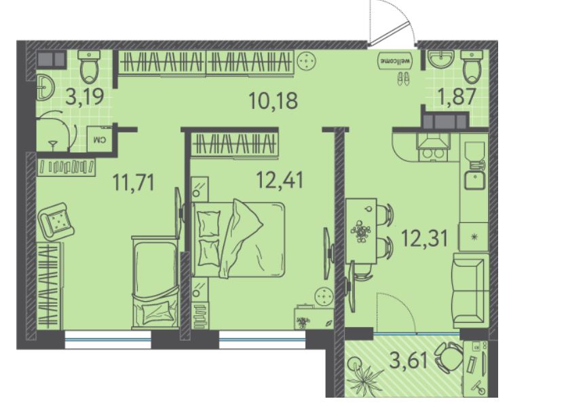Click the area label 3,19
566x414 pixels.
click(86, 97)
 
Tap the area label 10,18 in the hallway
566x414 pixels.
click(273, 101)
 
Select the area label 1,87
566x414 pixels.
click(457, 97)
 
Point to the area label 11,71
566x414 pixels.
click(134, 182)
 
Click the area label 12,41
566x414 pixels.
click(280, 179)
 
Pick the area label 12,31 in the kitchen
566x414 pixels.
click(425, 239)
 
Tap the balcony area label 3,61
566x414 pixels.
click(409, 360)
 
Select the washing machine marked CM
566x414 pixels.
click(100, 139)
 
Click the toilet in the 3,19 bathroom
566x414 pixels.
click(89, 67)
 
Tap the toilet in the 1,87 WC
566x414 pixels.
click(472, 67)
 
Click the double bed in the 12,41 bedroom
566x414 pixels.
click(238, 239)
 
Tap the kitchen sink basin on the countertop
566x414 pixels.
click(474, 180)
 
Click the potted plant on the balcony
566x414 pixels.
click(364, 376)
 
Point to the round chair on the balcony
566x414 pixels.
click(449, 358)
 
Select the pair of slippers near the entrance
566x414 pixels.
click(404, 78)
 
